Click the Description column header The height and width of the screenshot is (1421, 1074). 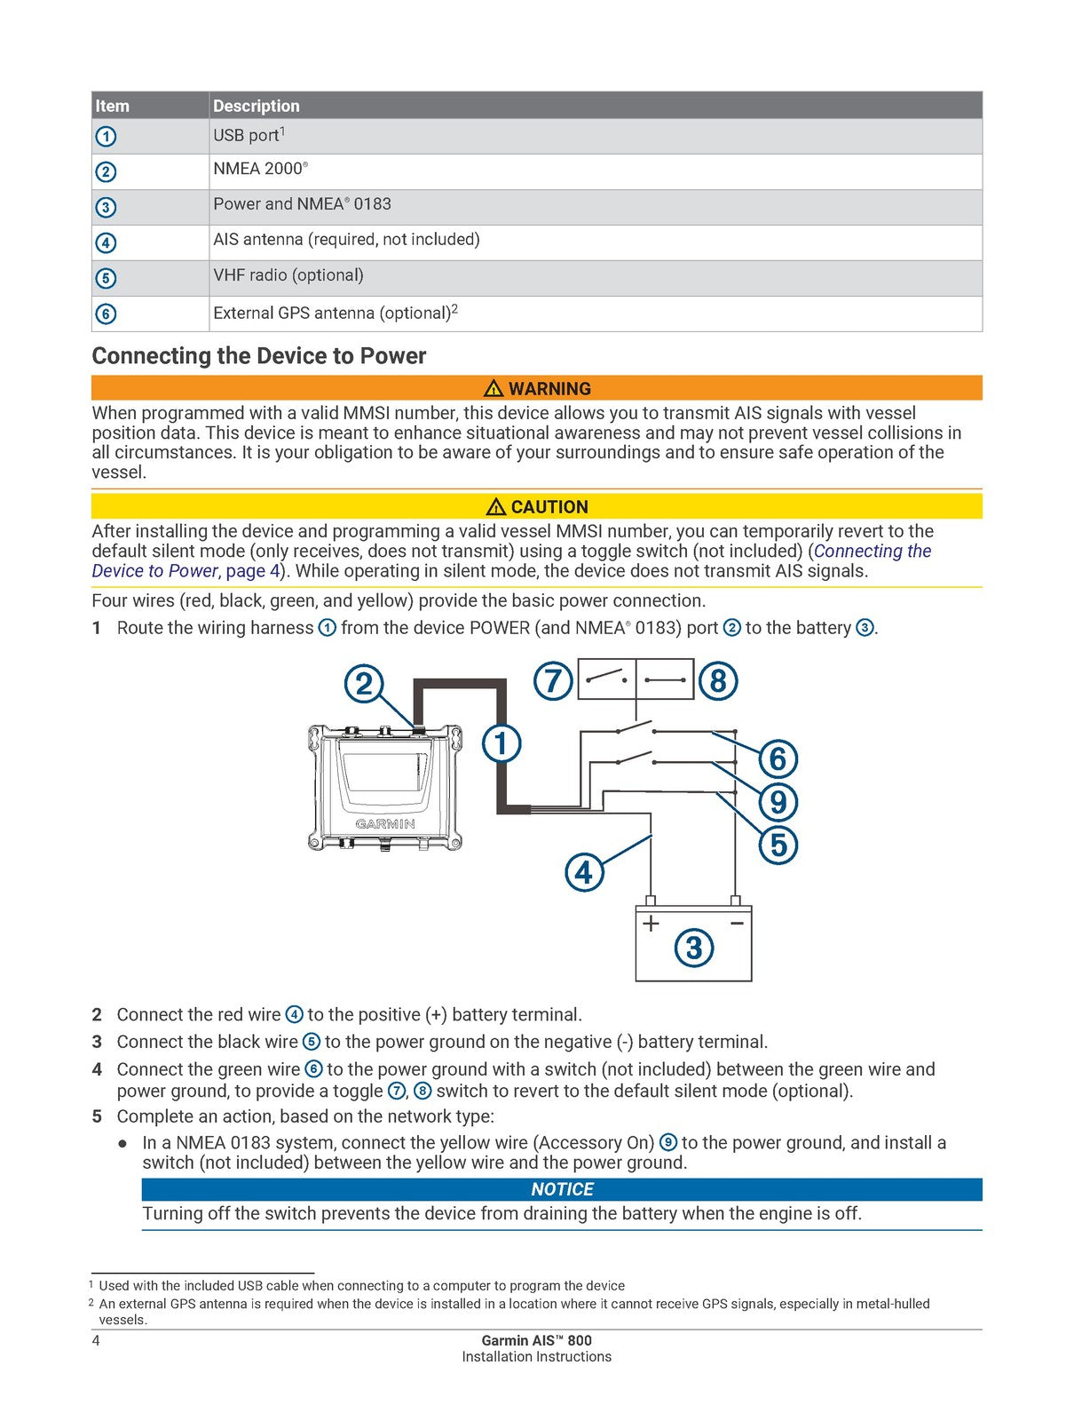[x=257, y=106]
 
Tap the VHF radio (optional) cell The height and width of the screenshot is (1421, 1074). [x=288, y=275]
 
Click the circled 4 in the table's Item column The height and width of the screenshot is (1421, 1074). [x=106, y=242]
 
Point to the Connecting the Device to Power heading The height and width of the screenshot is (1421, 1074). [x=259, y=356]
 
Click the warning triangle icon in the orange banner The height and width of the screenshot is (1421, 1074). [x=494, y=388]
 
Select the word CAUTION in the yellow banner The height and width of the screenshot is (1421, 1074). [x=549, y=507]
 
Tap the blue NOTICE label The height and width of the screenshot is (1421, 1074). [x=562, y=1189]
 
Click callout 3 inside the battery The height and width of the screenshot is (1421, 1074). [x=694, y=948]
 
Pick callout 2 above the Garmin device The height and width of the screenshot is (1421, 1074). [x=364, y=684]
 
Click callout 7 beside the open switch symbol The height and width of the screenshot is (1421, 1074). [x=553, y=681]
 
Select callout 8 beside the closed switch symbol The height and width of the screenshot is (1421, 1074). [x=718, y=681]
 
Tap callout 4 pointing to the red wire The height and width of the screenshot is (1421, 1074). [x=584, y=872]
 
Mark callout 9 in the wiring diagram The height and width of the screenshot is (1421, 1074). [x=778, y=802]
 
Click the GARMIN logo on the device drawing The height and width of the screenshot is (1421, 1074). [x=385, y=824]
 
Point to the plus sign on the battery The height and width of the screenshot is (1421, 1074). [x=652, y=924]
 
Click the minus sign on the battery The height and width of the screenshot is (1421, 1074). [x=737, y=924]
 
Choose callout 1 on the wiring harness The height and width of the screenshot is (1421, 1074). [x=501, y=742]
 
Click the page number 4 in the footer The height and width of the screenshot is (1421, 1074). [x=96, y=1340]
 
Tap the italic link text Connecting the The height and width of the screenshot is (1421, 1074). [x=872, y=552]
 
